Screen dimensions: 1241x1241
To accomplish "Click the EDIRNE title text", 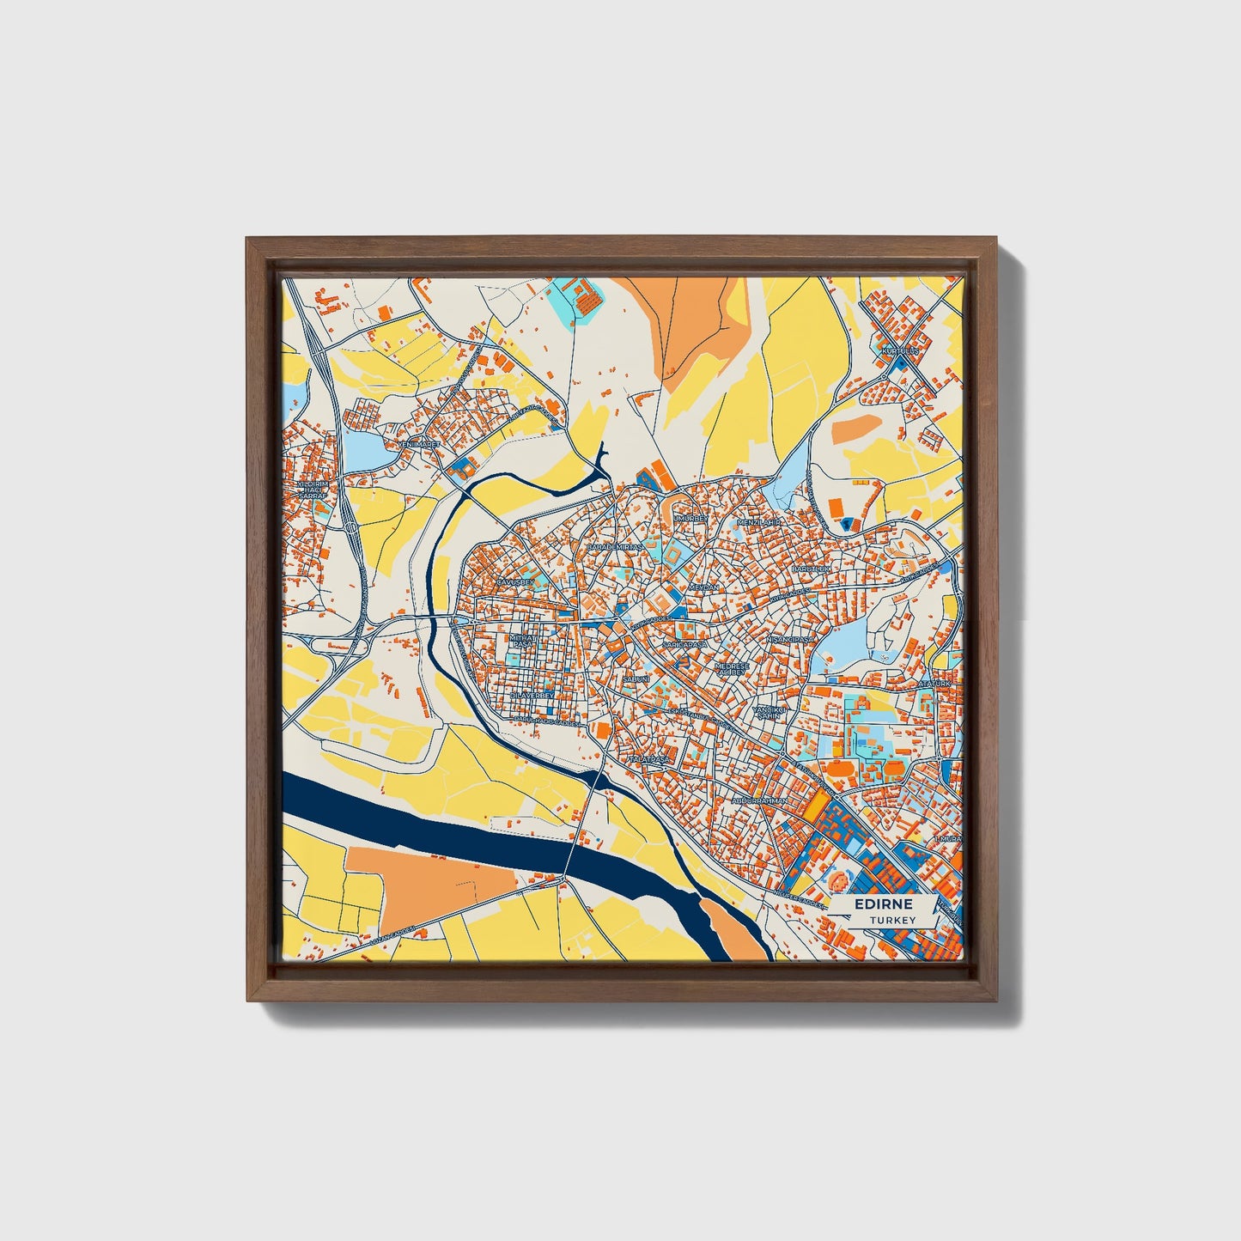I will pos(882,905).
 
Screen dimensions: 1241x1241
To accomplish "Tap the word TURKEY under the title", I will pos(891,920).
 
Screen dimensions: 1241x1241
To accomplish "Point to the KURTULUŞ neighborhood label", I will pos(900,351).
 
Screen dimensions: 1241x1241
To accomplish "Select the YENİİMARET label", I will pos(418,444).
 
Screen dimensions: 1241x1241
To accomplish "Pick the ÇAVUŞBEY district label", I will pos(516,582).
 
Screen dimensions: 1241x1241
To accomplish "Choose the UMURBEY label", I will pos(691,519).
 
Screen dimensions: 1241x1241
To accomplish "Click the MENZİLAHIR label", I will pos(758,521).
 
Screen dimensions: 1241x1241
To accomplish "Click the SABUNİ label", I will pos(636,678).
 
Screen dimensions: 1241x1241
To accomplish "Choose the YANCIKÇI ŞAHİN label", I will pos(769,714).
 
